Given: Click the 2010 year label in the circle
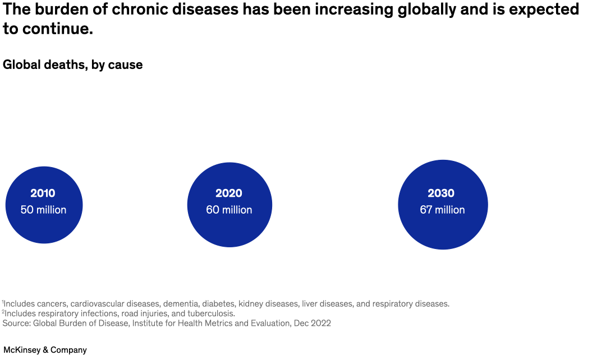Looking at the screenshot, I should pyautogui.click(x=43, y=193).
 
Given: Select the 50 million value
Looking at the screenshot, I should pyautogui.click(x=43, y=210).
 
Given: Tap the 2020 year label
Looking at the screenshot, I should pyautogui.click(x=229, y=193).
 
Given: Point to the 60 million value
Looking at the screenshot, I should pyautogui.click(x=229, y=210).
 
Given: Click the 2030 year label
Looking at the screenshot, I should pyautogui.click(x=441, y=193).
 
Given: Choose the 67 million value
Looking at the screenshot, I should pyautogui.click(x=442, y=210).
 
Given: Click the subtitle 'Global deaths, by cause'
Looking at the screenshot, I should pyautogui.click(x=73, y=65).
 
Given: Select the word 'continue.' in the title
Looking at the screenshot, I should pyautogui.click(x=58, y=29).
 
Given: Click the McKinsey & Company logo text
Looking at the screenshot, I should pyautogui.click(x=45, y=350).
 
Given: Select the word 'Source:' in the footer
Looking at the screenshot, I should pyautogui.click(x=17, y=324).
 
